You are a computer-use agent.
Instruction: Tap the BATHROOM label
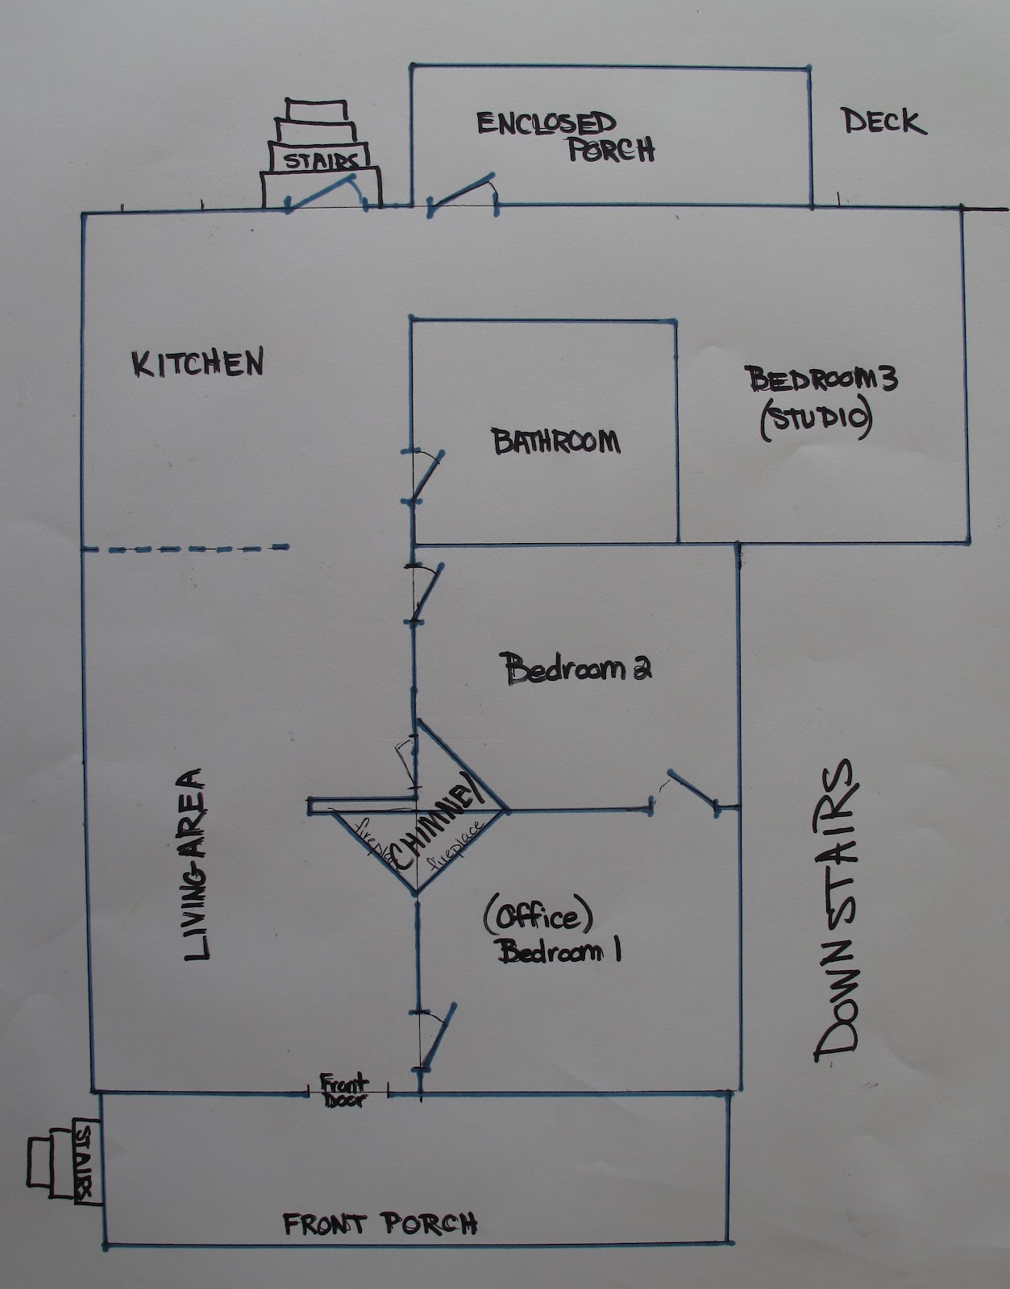point(556,441)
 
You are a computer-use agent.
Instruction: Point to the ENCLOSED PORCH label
point(564,136)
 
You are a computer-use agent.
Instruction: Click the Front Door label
point(345,1089)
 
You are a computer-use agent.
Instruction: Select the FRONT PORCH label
point(380,1224)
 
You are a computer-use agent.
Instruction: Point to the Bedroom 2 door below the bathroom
point(424,591)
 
